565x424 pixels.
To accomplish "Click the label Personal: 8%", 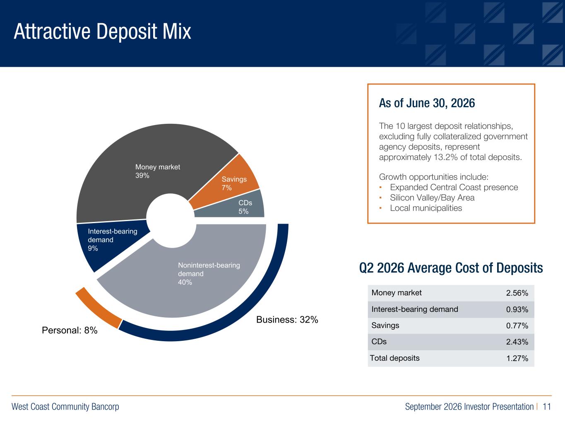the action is tap(70, 330).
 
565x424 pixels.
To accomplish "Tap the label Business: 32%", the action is tap(287, 320).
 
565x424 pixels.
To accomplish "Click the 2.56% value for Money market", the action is tap(517, 293).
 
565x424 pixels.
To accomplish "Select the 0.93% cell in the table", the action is tap(517, 309).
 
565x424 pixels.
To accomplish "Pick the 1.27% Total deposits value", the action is tap(517, 358).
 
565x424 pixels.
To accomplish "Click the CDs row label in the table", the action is tap(379, 342).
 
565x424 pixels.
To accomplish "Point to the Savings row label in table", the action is tap(385, 325).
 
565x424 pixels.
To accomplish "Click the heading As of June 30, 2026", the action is tap(427, 103).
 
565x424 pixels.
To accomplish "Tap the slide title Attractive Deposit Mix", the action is tap(103, 31).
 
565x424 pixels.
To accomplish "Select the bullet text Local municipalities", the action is tap(426, 208).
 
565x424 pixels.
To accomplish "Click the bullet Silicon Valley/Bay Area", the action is tap(432, 198).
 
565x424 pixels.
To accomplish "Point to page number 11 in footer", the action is tap(546, 407).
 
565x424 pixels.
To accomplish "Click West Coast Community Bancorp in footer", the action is tap(65, 407).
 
